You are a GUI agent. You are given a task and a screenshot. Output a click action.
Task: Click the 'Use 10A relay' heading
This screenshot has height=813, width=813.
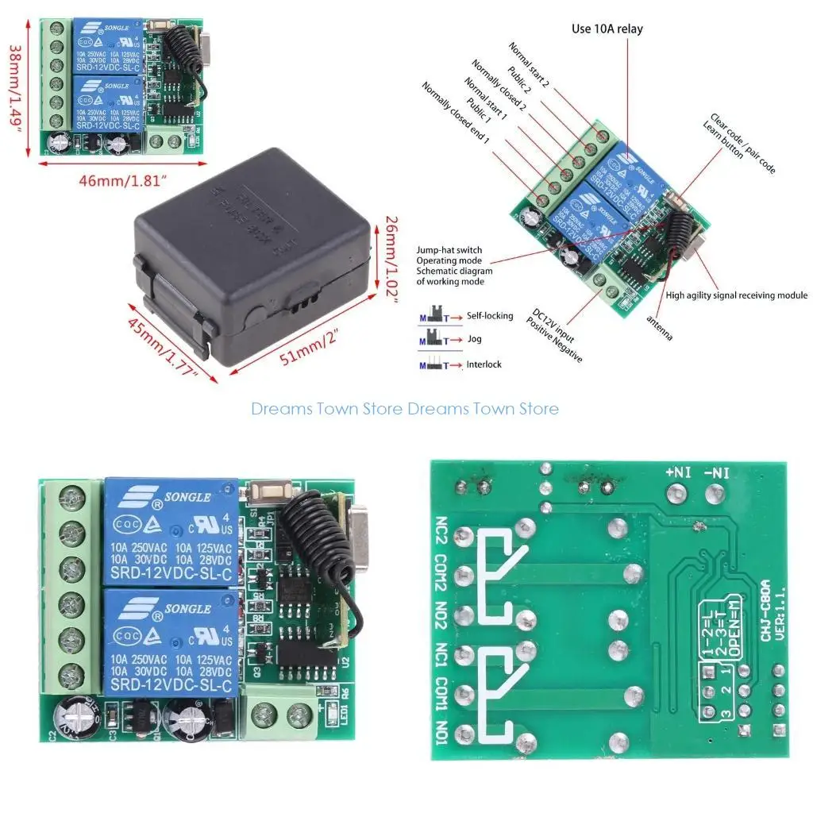pyautogui.click(x=607, y=29)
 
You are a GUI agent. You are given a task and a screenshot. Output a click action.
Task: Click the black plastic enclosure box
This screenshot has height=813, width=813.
pyautogui.click(x=250, y=254)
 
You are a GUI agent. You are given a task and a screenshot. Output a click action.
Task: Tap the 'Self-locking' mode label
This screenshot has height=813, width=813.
pyautogui.click(x=490, y=316)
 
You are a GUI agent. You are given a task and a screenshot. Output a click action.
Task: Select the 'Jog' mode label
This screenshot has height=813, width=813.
pyautogui.click(x=475, y=340)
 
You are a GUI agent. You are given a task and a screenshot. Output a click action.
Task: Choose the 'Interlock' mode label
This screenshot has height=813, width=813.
pyautogui.click(x=484, y=365)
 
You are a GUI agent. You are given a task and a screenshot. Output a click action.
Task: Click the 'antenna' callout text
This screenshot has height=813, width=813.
pyautogui.click(x=658, y=329)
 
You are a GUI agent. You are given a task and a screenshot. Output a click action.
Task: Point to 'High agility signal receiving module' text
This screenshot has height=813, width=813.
pyautogui.click(x=737, y=295)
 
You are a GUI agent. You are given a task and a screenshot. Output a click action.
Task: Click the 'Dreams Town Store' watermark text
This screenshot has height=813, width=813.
pyautogui.click(x=405, y=409)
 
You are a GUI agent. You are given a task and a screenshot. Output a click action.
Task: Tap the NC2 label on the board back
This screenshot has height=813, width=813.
pyautogui.click(x=442, y=530)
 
